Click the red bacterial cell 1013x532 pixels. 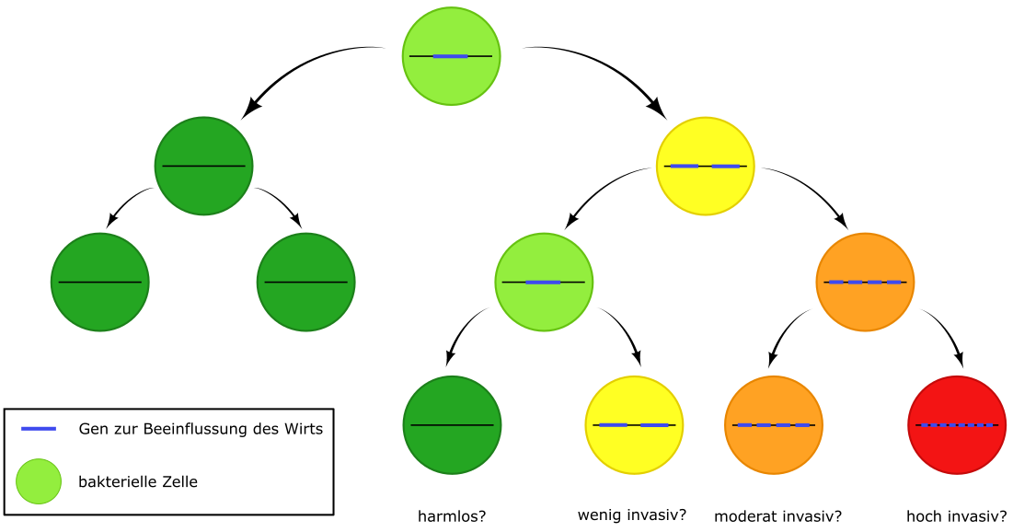coord(957,425)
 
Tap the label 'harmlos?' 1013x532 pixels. coord(451,516)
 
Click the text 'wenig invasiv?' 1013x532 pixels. coord(632,515)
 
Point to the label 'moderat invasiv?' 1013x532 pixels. coord(778,516)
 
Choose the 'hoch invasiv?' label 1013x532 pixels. coord(957,516)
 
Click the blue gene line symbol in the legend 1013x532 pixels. coord(39,429)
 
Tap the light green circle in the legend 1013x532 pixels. coord(39,481)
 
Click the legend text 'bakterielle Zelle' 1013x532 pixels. coord(138,481)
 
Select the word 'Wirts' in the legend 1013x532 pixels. coord(303,429)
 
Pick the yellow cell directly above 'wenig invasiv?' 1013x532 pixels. coord(635,425)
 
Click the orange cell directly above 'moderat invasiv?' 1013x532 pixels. coord(773,425)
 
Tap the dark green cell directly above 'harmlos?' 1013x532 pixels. coord(452,425)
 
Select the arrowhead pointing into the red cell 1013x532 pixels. coord(960,361)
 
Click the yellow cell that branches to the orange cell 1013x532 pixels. coord(705,166)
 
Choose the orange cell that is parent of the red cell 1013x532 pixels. coord(865,282)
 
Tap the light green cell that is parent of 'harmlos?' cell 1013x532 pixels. coord(544,282)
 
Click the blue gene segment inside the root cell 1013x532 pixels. coord(450,56)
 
